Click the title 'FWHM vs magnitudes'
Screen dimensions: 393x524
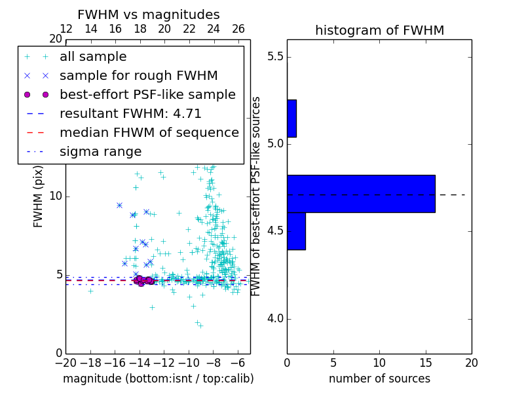coord(149,15)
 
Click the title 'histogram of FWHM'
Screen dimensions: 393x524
coord(379,31)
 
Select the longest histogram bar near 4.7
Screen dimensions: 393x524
coord(361,194)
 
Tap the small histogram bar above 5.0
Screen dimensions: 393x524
coord(291,119)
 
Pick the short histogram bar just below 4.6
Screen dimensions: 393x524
coord(296,231)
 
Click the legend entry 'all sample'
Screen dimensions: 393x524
coord(93,57)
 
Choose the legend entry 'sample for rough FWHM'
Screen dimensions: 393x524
coord(138,76)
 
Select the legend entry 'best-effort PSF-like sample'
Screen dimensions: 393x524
coord(147,95)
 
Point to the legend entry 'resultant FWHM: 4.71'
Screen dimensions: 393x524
coord(128,114)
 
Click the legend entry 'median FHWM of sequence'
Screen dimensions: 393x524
coord(149,133)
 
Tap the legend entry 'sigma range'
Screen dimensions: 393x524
coord(100,152)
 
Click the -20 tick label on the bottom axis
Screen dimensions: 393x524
coord(65,363)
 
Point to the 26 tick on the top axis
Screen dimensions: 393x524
coord(238,29)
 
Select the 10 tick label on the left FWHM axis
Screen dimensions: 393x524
coord(55,196)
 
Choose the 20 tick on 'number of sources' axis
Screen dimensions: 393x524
coord(471,363)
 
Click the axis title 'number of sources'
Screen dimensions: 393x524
coord(379,379)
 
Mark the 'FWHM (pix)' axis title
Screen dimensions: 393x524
coord(39,196)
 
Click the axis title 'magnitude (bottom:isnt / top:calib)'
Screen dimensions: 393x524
coord(158,379)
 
